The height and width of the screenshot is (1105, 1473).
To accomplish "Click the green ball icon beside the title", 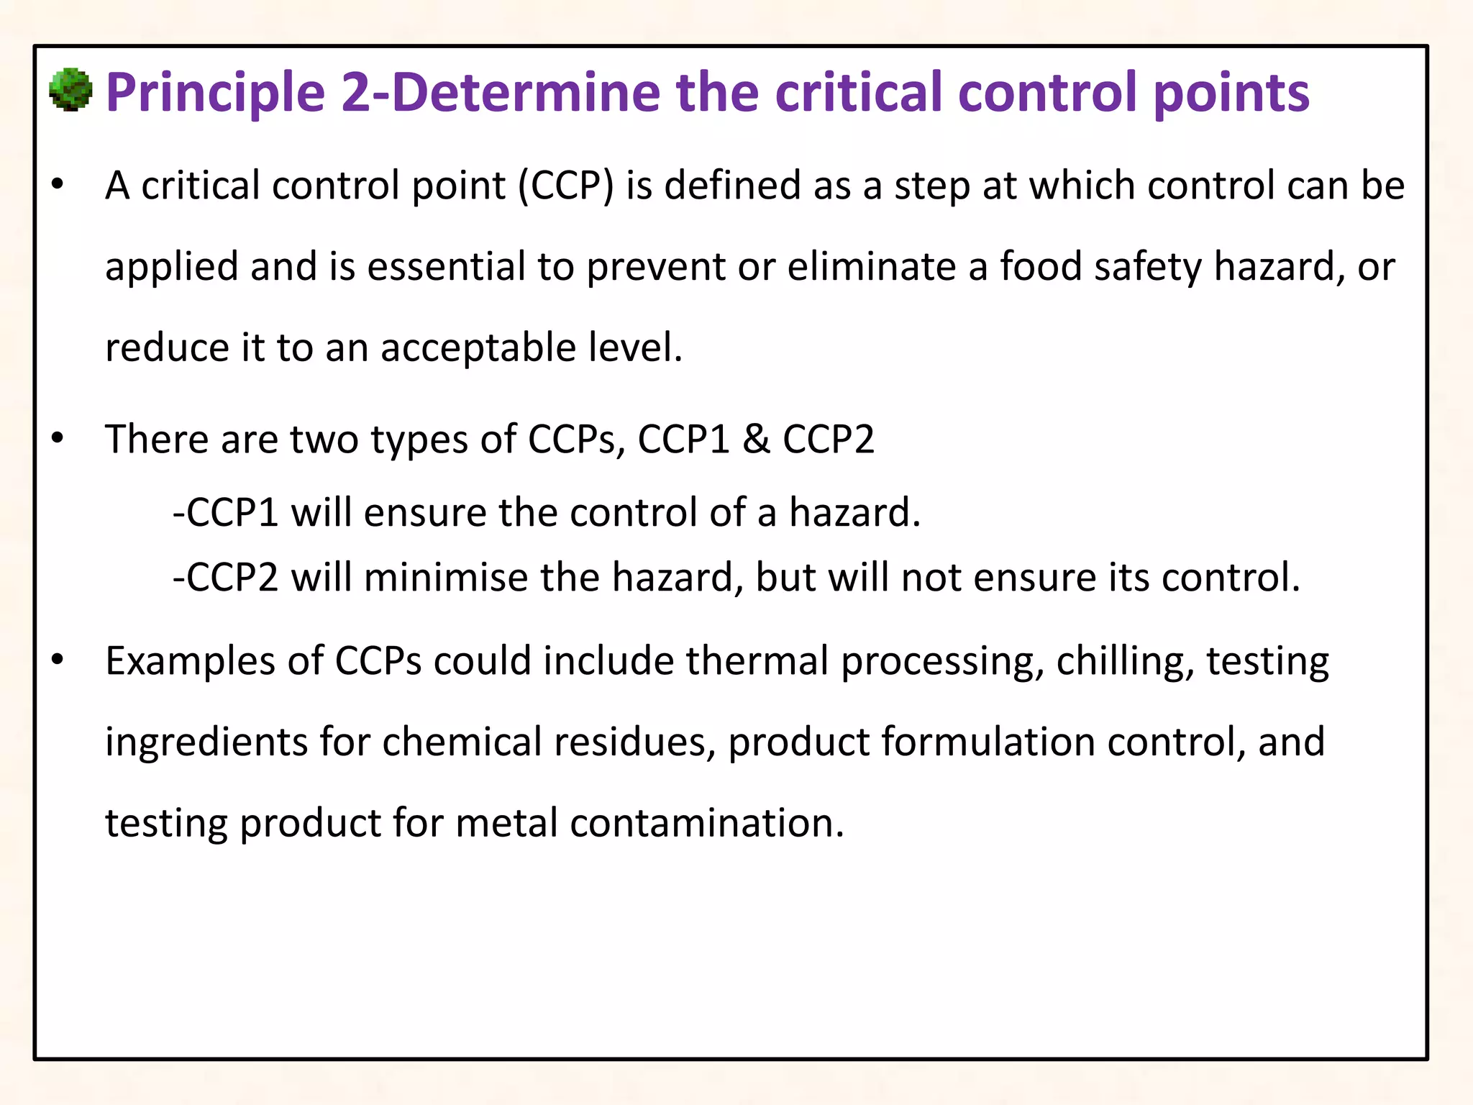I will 70,91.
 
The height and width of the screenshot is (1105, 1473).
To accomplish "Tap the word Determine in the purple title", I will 526,94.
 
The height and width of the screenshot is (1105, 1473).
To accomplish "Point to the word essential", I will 447,267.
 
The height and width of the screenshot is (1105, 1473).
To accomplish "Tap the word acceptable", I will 478,348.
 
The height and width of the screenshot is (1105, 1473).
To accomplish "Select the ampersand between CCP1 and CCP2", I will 756,439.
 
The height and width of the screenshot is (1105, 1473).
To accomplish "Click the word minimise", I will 446,578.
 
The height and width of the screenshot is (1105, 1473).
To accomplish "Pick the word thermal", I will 757,661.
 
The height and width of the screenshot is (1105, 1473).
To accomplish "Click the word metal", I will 506,823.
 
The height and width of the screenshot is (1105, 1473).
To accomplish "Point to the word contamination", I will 707,823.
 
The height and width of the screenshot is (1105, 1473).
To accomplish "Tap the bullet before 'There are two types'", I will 58,438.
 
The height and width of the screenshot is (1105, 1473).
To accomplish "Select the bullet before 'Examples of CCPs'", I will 58,659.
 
